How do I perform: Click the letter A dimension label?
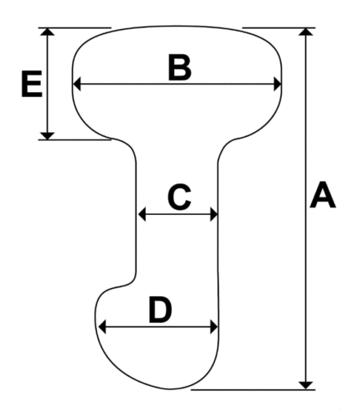[x=323, y=195]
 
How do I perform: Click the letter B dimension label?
[x=180, y=67]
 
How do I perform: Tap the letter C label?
[x=179, y=197]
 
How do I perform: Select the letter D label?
[x=160, y=310]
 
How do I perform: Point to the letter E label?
[x=32, y=84]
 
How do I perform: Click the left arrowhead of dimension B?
[x=77, y=84]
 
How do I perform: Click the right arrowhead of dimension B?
[x=277, y=84]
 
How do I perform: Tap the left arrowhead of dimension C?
[x=142, y=214]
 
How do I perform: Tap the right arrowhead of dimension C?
[x=214, y=214]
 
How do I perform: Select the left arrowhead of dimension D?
[x=102, y=327]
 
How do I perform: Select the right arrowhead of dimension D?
[x=214, y=327]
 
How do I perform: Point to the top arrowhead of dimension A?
[x=306, y=32]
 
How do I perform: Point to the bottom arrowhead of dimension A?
[x=306, y=385]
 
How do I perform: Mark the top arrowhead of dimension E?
[x=47, y=32]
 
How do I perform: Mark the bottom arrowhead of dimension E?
[x=47, y=136]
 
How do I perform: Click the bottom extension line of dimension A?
[x=253, y=389]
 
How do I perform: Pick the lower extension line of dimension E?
[x=75, y=139]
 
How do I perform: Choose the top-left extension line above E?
[x=75, y=27]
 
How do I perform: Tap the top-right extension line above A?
[x=279, y=27]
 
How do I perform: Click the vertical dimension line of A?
[x=306, y=208]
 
